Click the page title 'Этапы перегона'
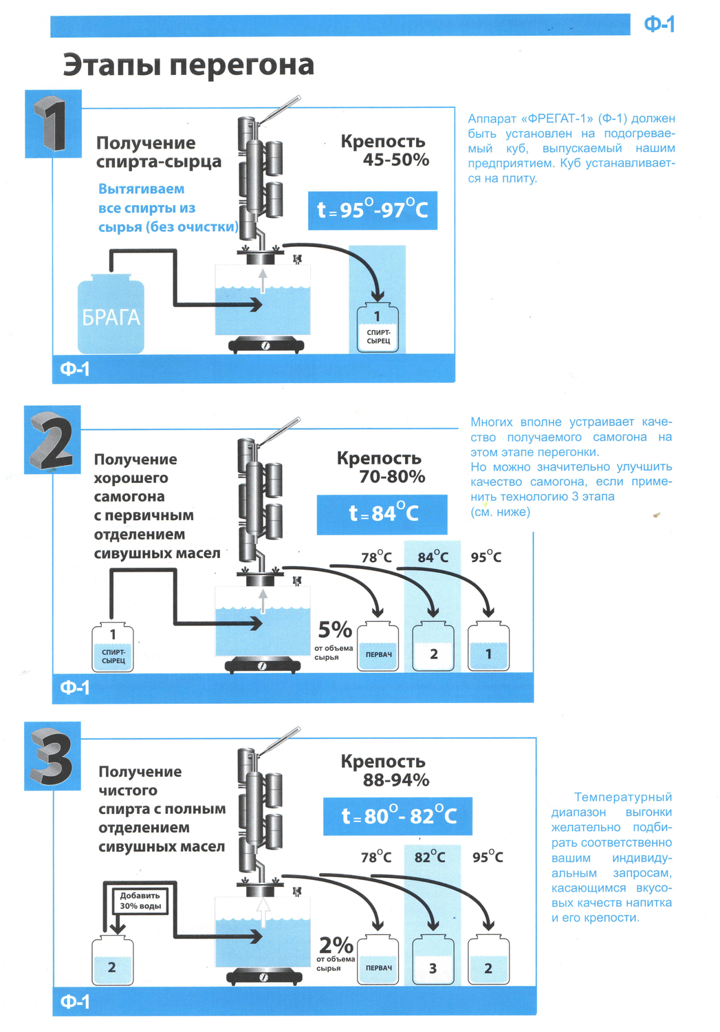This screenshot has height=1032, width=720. (188, 65)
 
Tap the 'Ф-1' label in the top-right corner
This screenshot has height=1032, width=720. (659, 25)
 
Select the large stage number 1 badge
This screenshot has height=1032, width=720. (53, 124)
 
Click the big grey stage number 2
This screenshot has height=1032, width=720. (52, 440)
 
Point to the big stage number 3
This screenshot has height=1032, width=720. (52, 757)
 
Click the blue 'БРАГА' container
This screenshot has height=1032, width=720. (111, 315)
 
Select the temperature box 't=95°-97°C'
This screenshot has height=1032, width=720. (372, 210)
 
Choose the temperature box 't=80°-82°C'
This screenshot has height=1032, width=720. (397, 817)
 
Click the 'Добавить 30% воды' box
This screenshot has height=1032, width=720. (140, 901)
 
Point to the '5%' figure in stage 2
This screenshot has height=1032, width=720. (334, 629)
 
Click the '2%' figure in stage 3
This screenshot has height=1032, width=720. (336, 945)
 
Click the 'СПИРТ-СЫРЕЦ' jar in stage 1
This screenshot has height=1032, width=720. (378, 329)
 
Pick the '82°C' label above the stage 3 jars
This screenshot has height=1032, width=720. (430, 857)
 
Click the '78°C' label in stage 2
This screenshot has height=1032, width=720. (376, 557)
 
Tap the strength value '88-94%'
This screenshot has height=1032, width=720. (396, 780)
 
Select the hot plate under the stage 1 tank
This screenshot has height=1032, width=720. (265, 345)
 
